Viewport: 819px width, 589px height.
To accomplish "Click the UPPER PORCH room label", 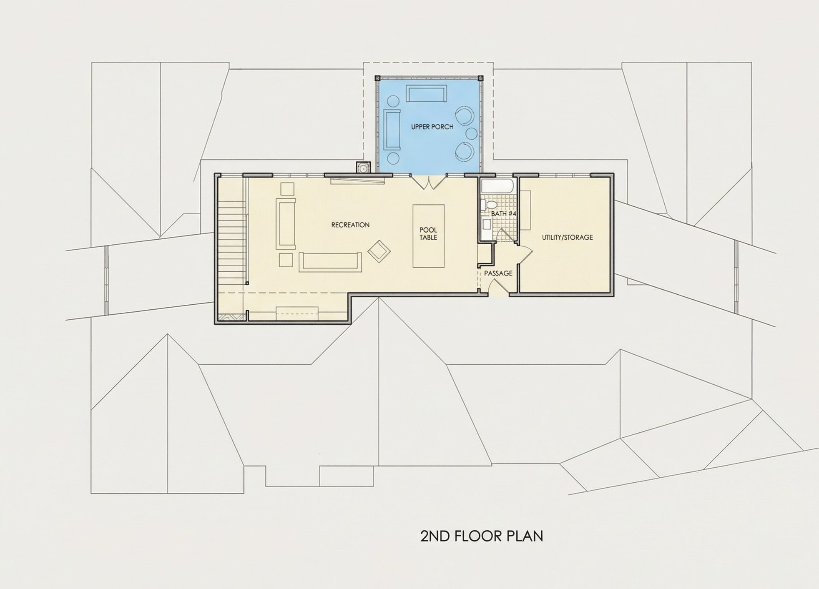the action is coord(432,127).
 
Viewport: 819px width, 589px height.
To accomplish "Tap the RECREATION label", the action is coord(350,225).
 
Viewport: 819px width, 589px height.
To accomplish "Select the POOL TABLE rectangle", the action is coord(428,236).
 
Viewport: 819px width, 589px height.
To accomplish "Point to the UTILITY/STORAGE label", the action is coord(567,237).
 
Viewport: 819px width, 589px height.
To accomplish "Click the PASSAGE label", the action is coord(498,273).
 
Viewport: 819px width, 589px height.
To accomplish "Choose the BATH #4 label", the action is coord(504,213).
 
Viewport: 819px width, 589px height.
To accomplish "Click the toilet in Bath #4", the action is coord(488,205).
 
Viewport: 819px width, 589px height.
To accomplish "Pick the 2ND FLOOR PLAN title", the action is coord(482,536).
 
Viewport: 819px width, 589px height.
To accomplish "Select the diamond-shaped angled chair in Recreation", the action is coord(379,251).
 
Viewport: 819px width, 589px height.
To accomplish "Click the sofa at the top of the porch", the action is coord(427,94).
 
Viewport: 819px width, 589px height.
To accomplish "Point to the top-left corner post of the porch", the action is coord(377,78).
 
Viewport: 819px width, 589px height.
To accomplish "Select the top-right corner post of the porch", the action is coord(480,78).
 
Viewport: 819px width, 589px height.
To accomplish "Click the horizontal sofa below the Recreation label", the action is coord(330,262).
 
